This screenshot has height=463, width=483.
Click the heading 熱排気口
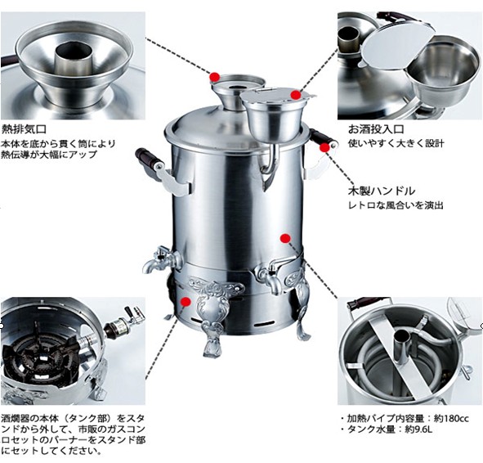24,128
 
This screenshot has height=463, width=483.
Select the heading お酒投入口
376,129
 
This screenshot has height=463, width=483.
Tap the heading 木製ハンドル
382,191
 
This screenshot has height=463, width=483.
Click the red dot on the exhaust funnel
215,76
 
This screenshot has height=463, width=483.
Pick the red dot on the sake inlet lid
296,95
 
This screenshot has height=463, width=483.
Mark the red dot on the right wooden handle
324,148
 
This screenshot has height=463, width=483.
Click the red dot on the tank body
285,238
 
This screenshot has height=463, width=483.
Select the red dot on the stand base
186,302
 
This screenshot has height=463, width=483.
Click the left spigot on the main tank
161,259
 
